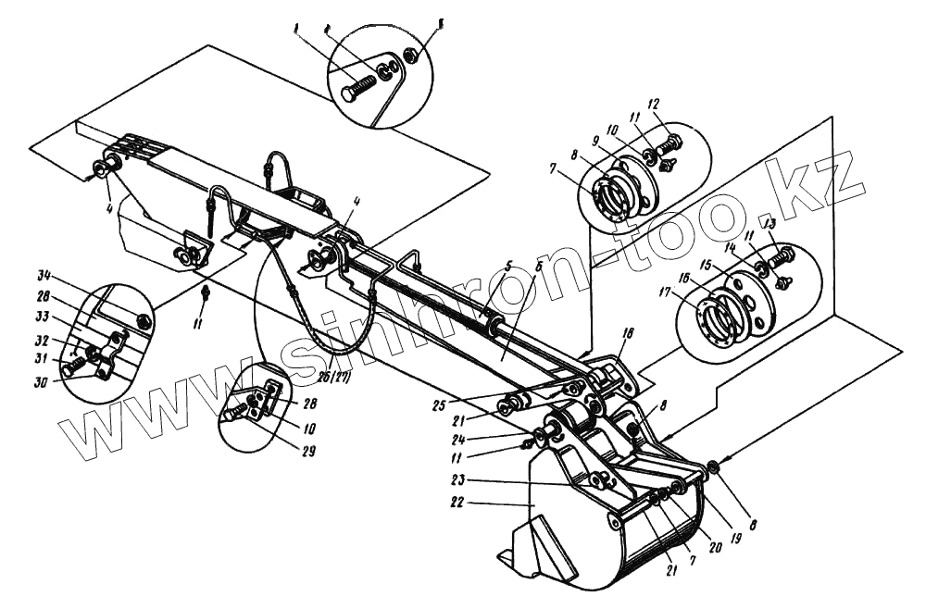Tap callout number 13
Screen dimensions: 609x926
pos(769,223)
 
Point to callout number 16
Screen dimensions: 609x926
pos(685,278)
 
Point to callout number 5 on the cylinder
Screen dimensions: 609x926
pos(507,267)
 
